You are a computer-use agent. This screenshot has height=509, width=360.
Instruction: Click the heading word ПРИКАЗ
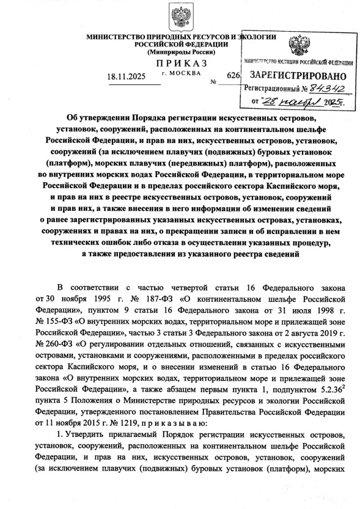[180, 64]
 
